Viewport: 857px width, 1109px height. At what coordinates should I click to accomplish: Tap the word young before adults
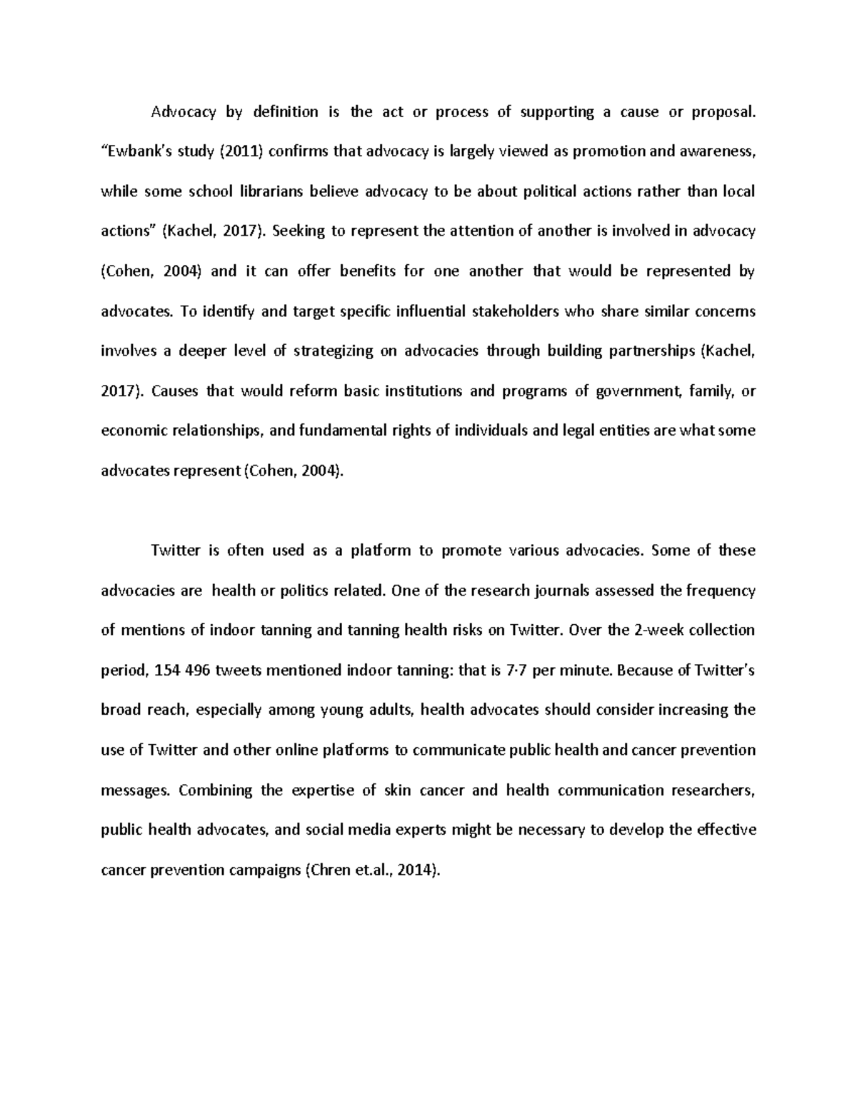coord(343,711)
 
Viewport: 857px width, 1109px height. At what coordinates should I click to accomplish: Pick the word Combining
coord(216,791)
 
